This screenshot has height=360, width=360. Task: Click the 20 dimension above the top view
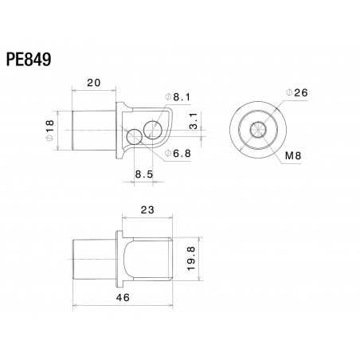tap(94, 83)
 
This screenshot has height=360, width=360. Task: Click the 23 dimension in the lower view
tap(146, 211)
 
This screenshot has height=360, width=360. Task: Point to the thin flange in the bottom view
tap(120, 256)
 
